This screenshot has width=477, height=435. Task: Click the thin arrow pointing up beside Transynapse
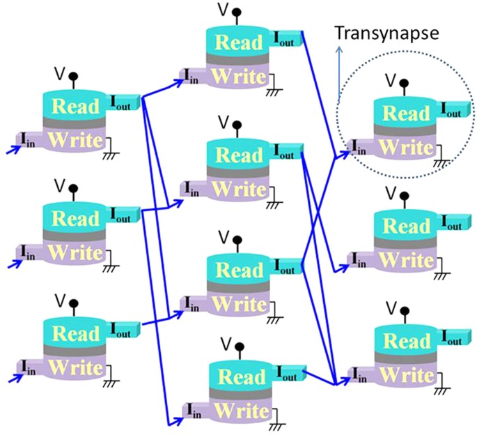point(339,70)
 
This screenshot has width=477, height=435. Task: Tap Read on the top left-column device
point(76,107)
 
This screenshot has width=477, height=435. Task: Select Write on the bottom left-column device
point(76,365)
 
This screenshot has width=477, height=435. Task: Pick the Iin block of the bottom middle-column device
point(191,406)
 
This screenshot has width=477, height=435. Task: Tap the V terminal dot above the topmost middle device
point(238,12)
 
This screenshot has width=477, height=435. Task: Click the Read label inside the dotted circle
point(406,114)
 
